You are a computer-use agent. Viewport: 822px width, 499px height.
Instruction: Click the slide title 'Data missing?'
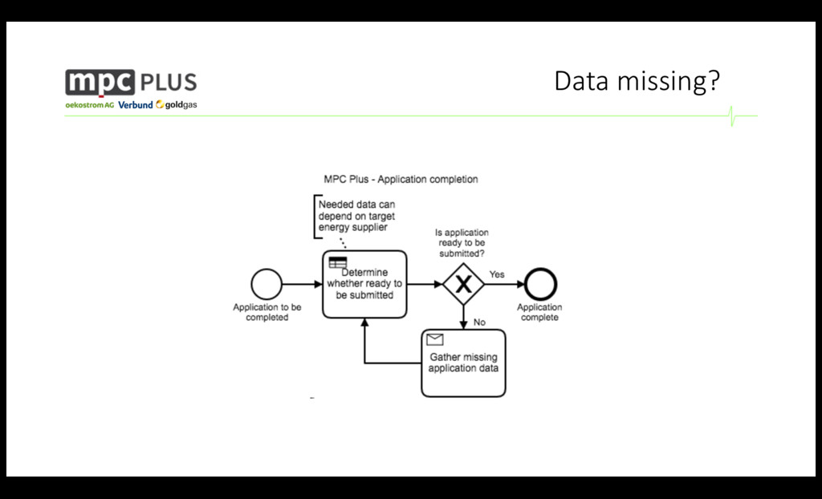pyautogui.click(x=637, y=82)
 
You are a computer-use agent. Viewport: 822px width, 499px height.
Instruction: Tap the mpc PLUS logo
pyautogui.click(x=131, y=83)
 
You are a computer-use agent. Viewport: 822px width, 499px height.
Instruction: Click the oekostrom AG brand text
pyautogui.click(x=90, y=105)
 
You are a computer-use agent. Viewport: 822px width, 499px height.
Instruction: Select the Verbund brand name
pyautogui.click(x=135, y=105)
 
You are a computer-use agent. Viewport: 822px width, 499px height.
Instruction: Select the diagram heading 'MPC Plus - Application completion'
pyautogui.click(x=401, y=179)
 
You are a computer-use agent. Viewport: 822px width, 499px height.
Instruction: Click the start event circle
pyautogui.click(x=267, y=284)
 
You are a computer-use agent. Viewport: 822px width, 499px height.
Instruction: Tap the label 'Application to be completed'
pyautogui.click(x=267, y=312)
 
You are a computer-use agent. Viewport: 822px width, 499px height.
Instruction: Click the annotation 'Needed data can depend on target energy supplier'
pyautogui.click(x=356, y=216)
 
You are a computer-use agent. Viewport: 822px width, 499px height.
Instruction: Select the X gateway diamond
pyautogui.click(x=463, y=284)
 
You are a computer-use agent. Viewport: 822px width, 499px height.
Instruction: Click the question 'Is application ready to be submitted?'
pyautogui.click(x=462, y=243)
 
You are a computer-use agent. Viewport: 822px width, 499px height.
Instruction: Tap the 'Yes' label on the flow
pyautogui.click(x=497, y=274)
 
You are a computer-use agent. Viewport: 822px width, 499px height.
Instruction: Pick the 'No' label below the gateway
pyautogui.click(x=479, y=323)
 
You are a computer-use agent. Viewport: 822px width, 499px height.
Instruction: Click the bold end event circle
pyautogui.click(x=539, y=284)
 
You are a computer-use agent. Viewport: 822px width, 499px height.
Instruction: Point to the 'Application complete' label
pyautogui.click(x=539, y=312)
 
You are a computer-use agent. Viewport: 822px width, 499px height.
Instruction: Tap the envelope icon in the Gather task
pyautogui.click(x=435, y=339)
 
